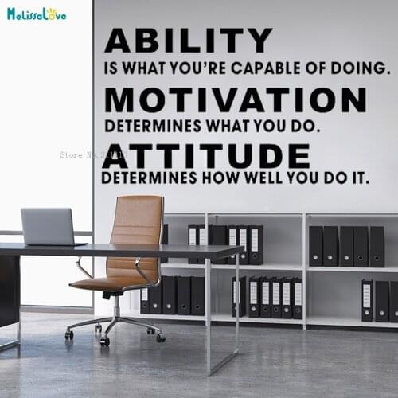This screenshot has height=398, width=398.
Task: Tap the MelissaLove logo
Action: click(36, 14)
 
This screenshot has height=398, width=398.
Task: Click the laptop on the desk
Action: click(49, 226)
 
